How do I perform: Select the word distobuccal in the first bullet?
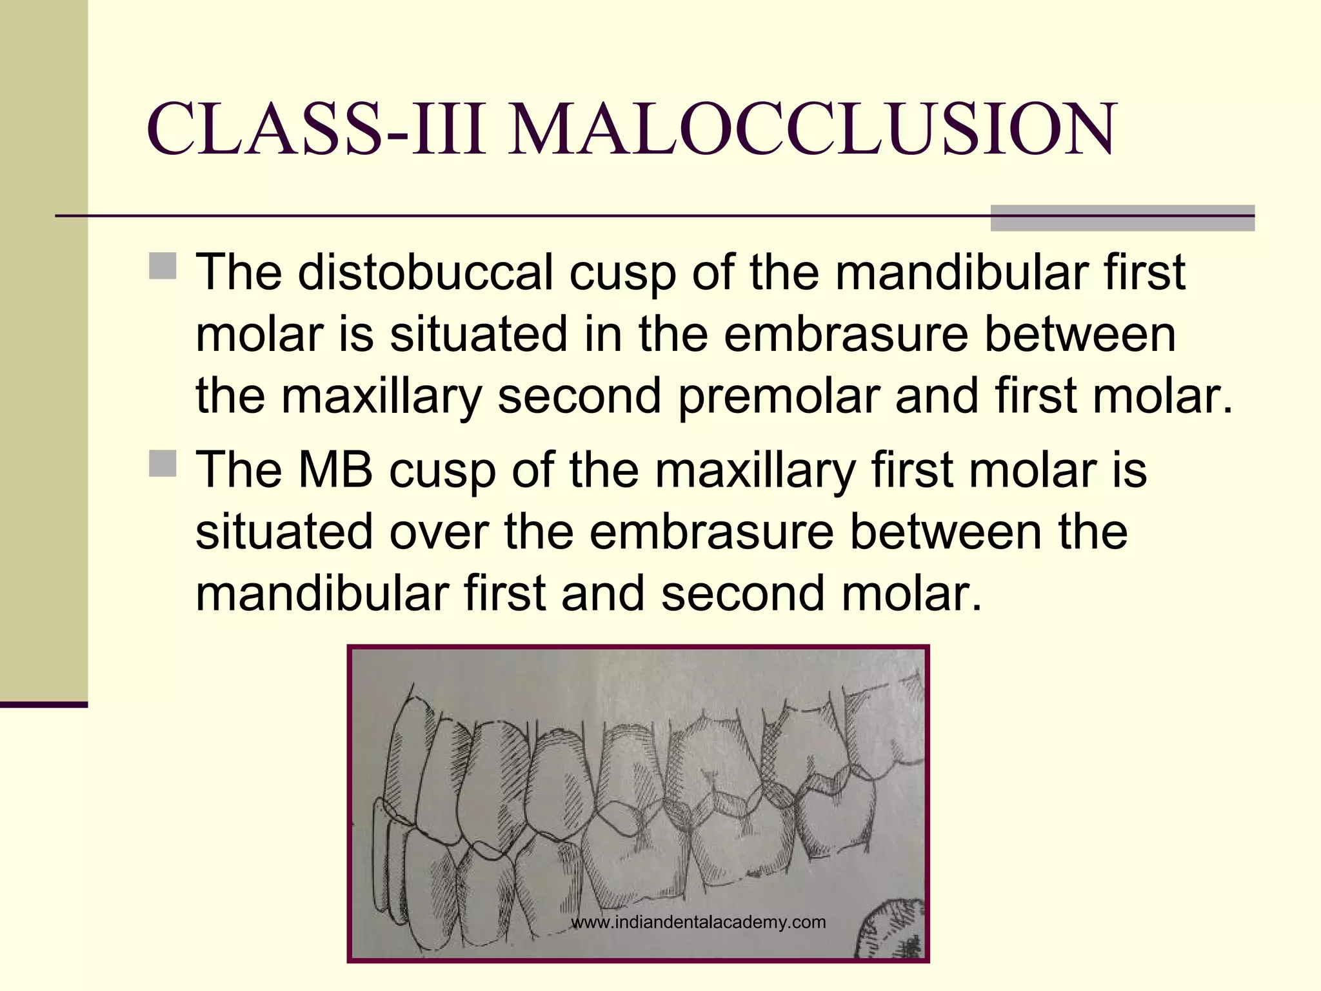click(x=425, y=272)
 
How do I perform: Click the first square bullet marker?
click(x=163, y=265)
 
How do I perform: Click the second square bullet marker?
click(x=163, y=463)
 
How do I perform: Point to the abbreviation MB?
click(x=335, y=470)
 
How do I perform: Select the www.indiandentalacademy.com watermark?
click(x=699, y=922)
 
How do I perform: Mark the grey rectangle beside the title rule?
click(x=1122, y=218)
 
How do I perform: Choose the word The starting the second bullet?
click(x=239, y=470)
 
